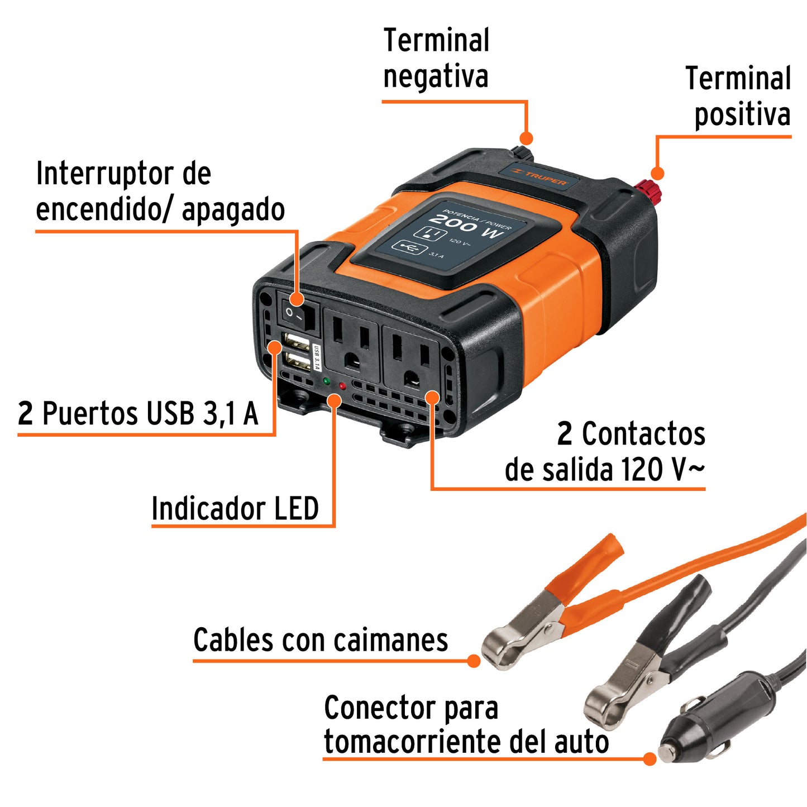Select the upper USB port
[296, 341]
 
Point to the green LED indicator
[326, 381]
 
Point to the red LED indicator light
[342, 386]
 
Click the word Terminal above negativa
[436, 40]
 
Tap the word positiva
[742, 114]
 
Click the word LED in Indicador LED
[295, 509]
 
